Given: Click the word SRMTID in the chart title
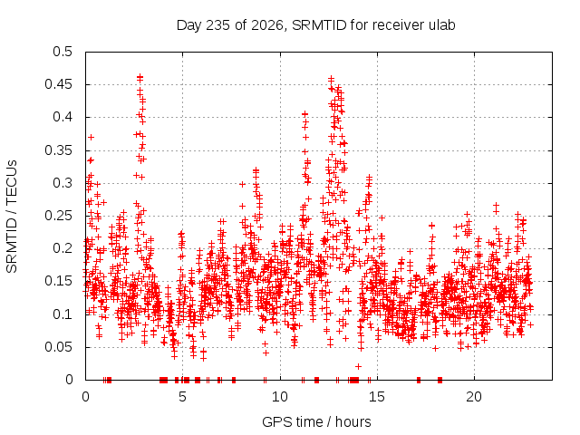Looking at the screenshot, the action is [x=319, y=25].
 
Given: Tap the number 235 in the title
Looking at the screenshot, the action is [x=218, y=25].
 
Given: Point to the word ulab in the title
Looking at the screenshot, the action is [x=441, y=25].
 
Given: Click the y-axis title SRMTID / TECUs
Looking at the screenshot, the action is [x=12, y=217].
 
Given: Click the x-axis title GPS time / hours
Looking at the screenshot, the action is [x=316, y=421].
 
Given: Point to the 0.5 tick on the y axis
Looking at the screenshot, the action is [x=63, y=52].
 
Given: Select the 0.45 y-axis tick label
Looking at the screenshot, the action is [x=58, y=84].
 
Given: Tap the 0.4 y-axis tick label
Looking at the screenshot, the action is [x=63, y=117].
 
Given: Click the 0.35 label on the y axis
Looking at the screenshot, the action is [x=58, y=150].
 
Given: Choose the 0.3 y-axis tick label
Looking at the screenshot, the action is [x=63, y=183].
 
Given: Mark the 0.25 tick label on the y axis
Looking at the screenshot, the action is [x=58, y=216].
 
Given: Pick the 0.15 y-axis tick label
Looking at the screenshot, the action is [x=58, y=281].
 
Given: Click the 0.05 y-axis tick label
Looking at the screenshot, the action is [x=58, y=347].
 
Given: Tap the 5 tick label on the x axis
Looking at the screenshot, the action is [x=182, y=397].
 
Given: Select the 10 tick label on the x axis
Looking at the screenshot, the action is [x=280, y=397].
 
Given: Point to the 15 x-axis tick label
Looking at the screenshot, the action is [x=377, y=397].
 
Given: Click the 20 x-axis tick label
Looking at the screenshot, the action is [x=474, y=397].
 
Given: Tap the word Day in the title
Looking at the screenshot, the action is [x=189, y=25].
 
